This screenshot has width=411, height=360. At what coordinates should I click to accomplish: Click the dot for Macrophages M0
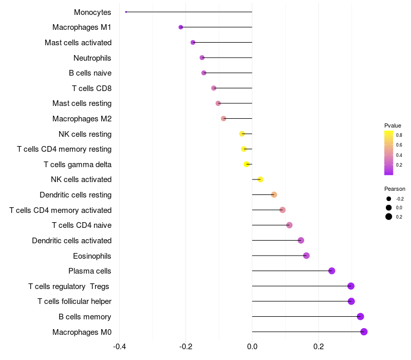coord(364,332)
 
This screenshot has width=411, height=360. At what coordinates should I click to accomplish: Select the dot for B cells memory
coord(360,317)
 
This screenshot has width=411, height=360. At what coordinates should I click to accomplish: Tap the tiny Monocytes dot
coord(126,12)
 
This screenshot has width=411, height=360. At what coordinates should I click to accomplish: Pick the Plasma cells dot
coord(331,271)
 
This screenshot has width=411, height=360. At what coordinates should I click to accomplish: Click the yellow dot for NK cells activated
coord(260,179)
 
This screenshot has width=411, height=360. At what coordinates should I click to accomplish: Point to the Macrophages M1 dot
coord(180,27)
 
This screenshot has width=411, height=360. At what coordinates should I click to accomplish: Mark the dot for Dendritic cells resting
coord(274,195)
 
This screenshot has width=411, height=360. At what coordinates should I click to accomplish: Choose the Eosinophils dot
coord(306,256)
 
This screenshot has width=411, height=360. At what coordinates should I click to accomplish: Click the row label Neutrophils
coord(92,58)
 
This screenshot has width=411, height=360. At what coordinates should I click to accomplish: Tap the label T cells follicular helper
coord(74,301)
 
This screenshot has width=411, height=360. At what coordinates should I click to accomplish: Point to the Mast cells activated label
coord(78,42)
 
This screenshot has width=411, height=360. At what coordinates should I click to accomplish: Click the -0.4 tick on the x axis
coord(120,347)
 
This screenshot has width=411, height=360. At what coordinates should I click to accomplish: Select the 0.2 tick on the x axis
coord(319,347)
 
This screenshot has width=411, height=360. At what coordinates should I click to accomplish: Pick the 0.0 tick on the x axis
coord(252,347)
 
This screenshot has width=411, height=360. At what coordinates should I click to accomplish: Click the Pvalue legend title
coord(393,125)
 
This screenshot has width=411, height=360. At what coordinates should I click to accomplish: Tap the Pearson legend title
coord(395,189)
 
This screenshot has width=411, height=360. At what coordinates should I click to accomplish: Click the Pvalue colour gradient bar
coord(388,153)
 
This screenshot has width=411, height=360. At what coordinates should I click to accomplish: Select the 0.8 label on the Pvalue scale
coord(399,135)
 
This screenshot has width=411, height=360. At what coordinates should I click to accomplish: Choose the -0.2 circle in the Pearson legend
coord(389,199)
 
